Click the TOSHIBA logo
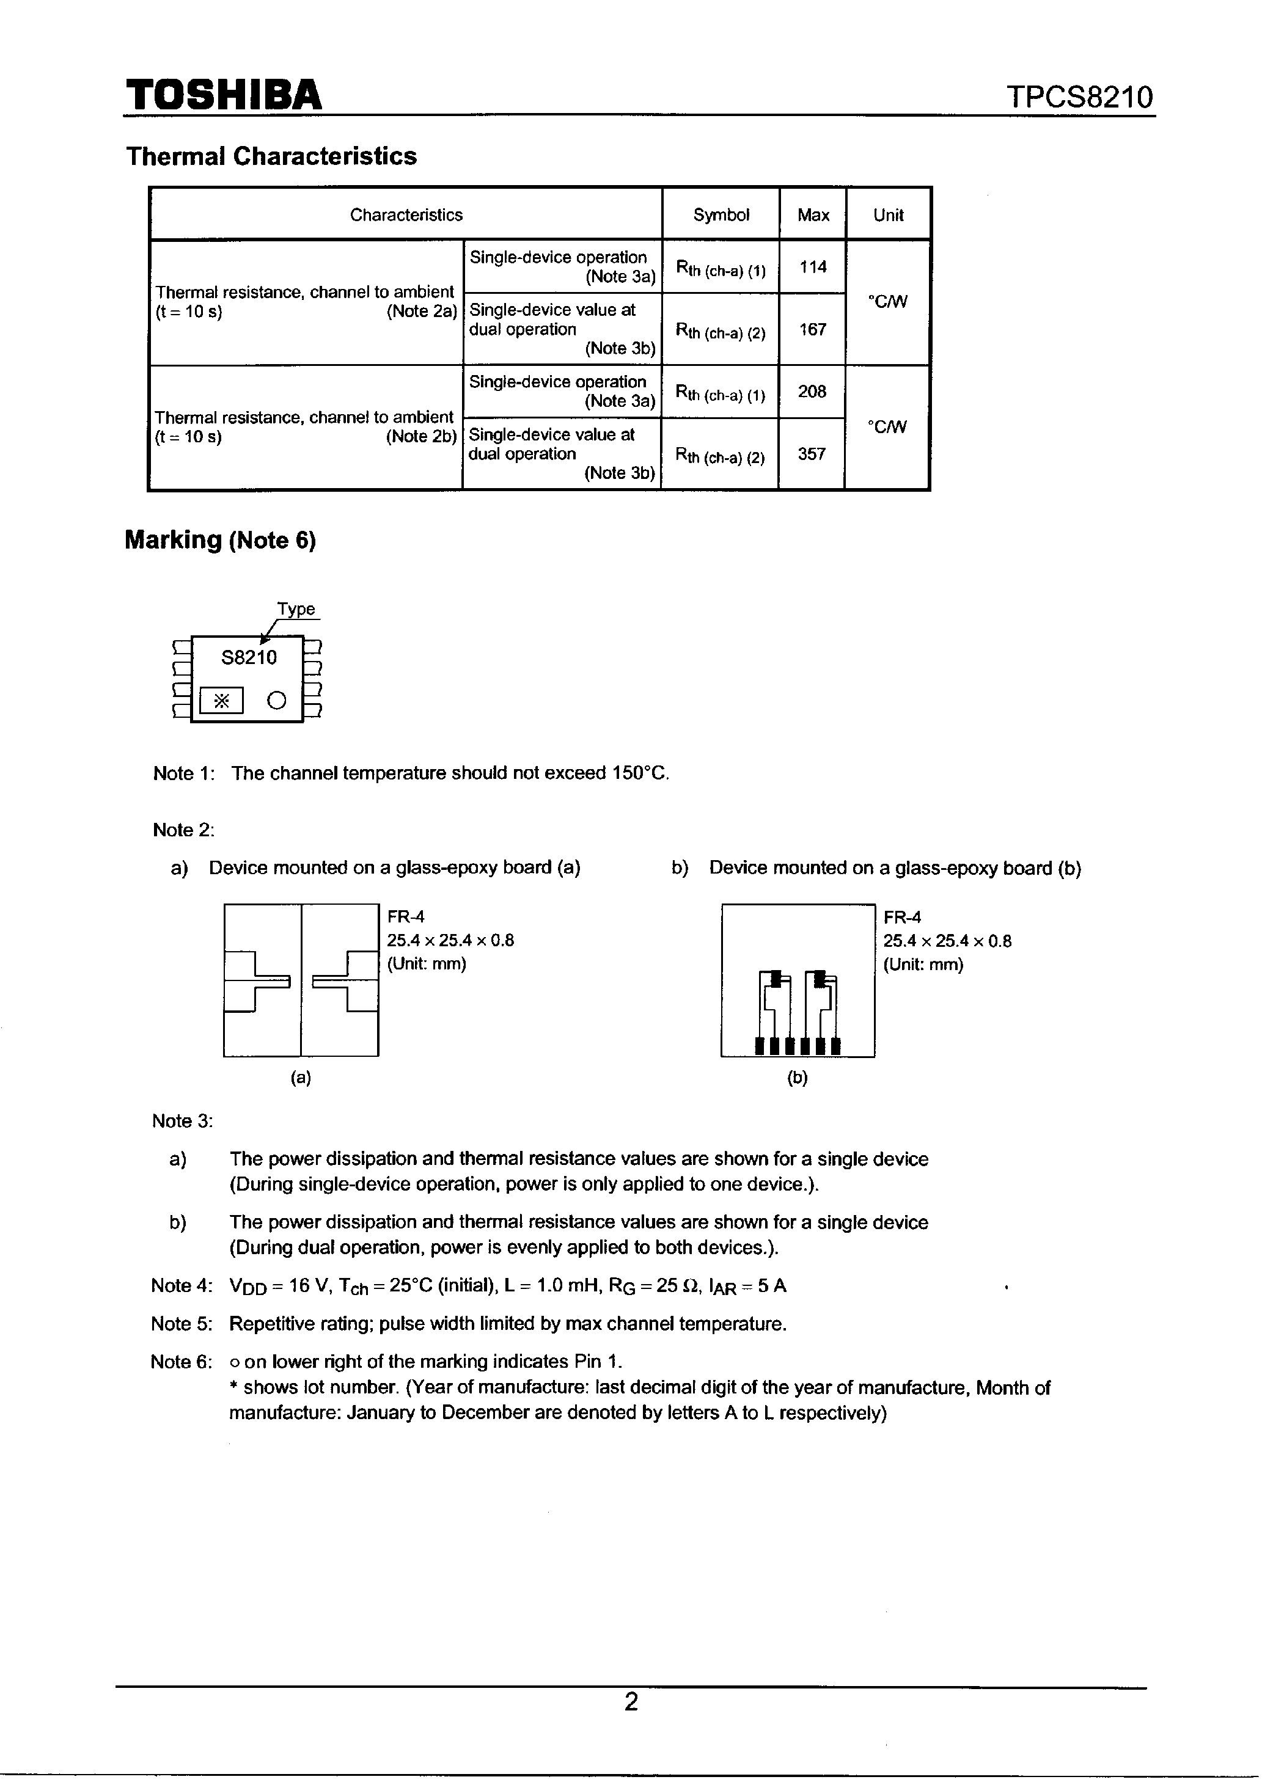(x=224, y=96)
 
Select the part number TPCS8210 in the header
(x=1079, y=98)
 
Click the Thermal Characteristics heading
(x=271, y=156)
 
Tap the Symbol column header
(x=721, y=214)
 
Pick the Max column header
(x=813, y=214)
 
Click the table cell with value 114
(x=813, y=267)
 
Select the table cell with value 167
(x=813, y=329)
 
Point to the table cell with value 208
(x=812, y=391)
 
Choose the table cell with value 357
(x=812, y=453)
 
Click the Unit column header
(x=888, y=214)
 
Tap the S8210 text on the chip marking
(x=249, y=658)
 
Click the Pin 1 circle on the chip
(x=277, y=701)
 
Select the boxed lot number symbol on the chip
(x=222, y=701)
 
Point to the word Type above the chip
(x=296, y=608)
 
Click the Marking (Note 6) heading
(x=220, y=539)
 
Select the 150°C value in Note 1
(x=639, y=773)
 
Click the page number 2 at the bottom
(x=631, y=1702)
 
